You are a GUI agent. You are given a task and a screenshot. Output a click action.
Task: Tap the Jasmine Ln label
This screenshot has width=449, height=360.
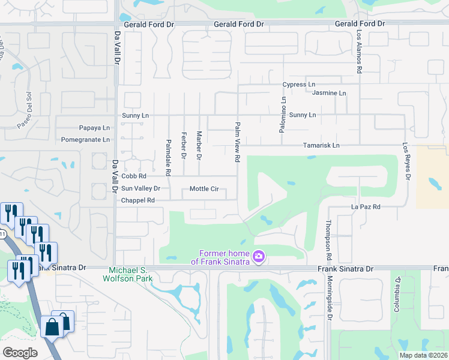pyautogui.click(x=330, y=94)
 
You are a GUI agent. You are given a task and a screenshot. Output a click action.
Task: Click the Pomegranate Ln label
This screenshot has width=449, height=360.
pyautogui.click(x=86, y=140)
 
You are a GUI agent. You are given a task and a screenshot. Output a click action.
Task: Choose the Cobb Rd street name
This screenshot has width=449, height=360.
pyautogui.click(x=134, y=177)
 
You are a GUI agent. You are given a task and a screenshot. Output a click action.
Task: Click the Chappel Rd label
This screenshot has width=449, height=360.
pyautogui.click(x=138, y=200)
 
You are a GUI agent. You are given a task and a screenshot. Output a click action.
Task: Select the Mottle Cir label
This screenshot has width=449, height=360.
pyautogui.click(x=204, y=189)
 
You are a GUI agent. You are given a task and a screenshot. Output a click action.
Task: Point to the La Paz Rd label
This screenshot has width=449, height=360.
pyautogui.click(x=366, y=207)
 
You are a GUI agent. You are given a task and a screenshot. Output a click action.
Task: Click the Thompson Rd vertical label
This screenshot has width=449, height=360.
pyautogui.click(x=328, y=235)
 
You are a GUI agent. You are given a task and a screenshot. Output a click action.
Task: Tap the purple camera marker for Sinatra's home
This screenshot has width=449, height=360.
pyautogui.click(x=259, y=257)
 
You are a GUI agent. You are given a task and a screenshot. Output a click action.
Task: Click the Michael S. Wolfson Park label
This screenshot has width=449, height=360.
pyautogui.click(x=131, y=274)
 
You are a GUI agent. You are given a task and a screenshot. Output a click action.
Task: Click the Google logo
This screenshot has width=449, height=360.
pyautogui.click(x=20, y=353)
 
